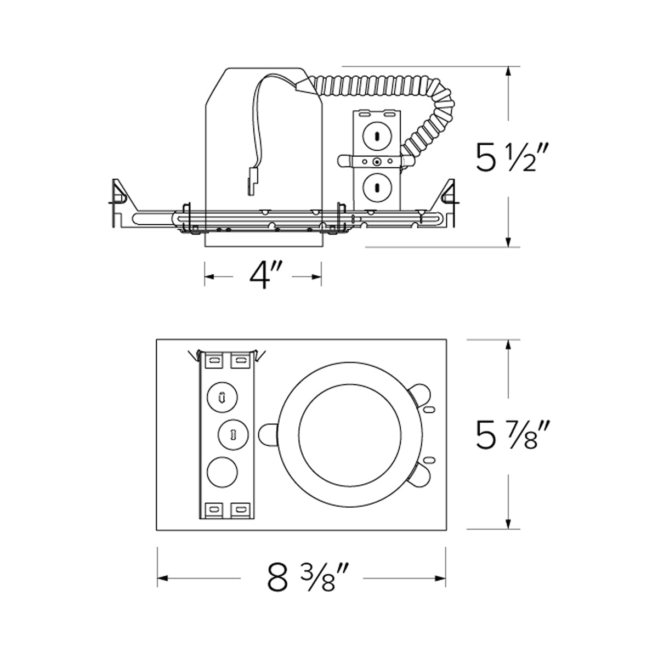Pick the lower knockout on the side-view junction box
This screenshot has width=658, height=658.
(x=377, y=187)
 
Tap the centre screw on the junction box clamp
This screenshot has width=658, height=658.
(x=377, y=162)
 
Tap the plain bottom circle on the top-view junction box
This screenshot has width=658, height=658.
(x=223, y=472)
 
